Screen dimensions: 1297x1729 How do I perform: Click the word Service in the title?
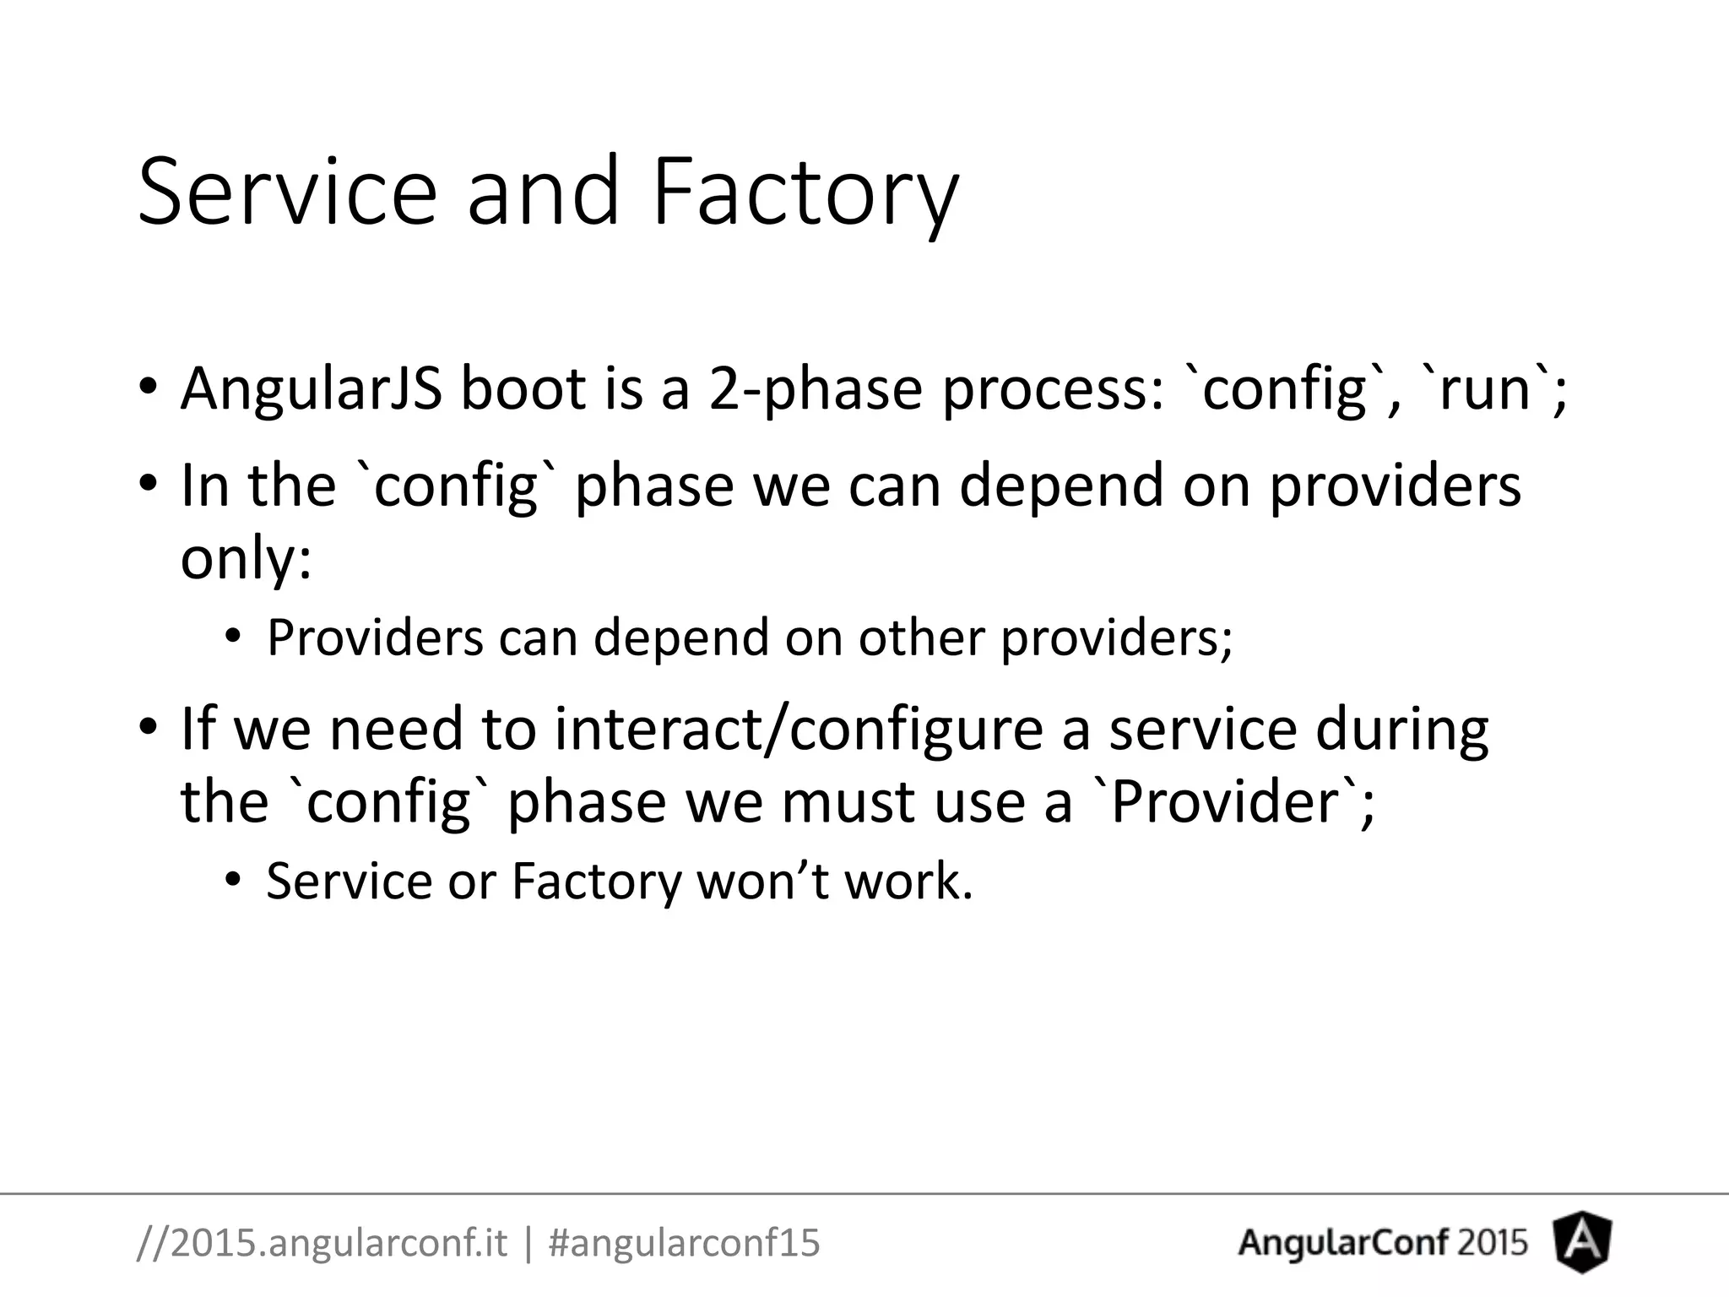[x=287, y=193]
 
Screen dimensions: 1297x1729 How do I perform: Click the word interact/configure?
[x=799, y=728]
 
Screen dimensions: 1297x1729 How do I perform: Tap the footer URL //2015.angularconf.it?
[x=322, y=1242]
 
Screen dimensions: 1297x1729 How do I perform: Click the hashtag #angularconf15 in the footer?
[x=684, y=1242]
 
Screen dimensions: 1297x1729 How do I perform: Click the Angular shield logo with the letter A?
[x=1582, y=1242]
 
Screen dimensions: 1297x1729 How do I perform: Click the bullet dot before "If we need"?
[x=149, y=728]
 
